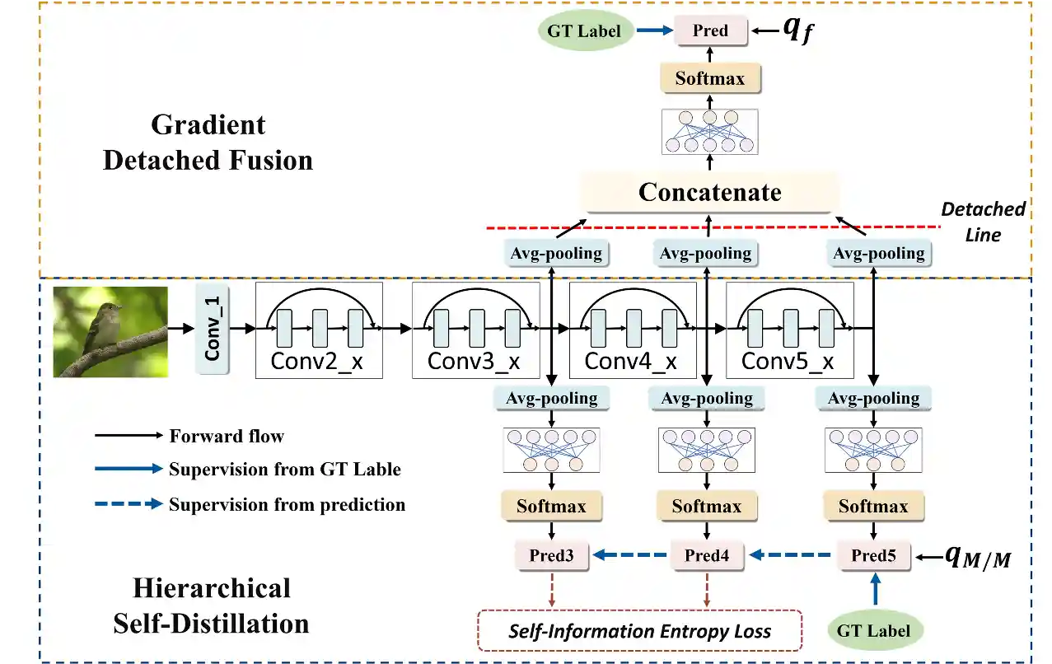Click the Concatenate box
(709, 193)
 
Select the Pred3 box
(552, 555)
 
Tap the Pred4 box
(707, 555)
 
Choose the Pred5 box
(873, 555)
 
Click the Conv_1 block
(213, 329)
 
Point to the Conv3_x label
(474, 361)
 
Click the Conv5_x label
(788, 361)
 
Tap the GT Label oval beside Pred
(584, 31)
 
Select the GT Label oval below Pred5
(873, 631)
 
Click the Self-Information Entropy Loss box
(639, 631)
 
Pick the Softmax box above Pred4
(707, 506)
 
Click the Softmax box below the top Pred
(710, 78)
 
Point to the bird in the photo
(102, 329)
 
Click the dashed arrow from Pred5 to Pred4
(790, 555)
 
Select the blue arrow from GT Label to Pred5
(876, 589)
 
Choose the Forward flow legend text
(227, 437)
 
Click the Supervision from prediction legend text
(287, 504)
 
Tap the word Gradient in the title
(208, 125)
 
